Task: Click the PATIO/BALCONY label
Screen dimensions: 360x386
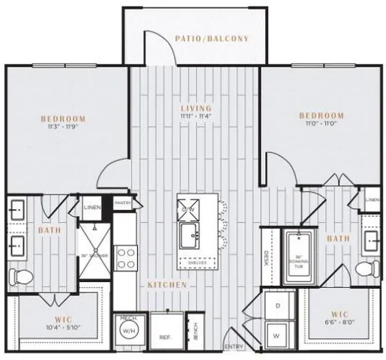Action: click(x=211, y=37)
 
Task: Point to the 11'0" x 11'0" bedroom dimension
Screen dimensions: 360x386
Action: click(x=322, y=124)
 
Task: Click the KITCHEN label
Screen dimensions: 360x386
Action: click(x=162, y=286)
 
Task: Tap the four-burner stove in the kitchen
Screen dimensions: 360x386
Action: click(x=125, y=257)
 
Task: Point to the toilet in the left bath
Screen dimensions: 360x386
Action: click(x=22, y=277)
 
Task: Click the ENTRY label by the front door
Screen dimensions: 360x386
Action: click(x=234, y=347)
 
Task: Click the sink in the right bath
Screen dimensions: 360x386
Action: click(x=370, y=240)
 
